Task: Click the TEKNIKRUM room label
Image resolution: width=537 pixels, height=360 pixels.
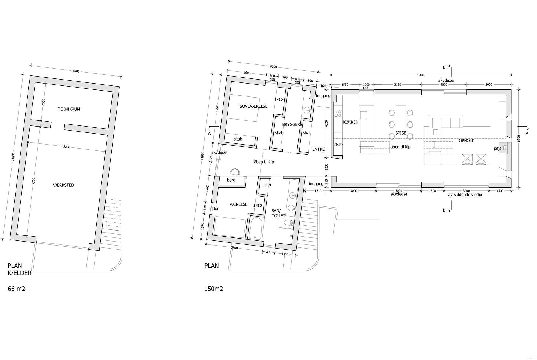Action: (x=69, y=109)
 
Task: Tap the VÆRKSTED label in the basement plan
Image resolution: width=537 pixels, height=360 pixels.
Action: (x=64, y=185)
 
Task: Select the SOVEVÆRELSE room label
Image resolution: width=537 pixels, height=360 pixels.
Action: (x=253, y=106)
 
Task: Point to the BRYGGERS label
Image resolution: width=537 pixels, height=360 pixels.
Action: (x=292, y=125)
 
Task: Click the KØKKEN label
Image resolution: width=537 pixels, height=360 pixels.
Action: (x=351, y=122)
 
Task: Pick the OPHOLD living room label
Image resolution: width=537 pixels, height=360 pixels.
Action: (x=467, y=141)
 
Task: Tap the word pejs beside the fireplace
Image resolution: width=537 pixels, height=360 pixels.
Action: (x=498, y=149)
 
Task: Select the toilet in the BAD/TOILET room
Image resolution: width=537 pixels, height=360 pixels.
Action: (x=289, y=223)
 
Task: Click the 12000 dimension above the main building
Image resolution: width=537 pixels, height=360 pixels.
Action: (x=421, y=75)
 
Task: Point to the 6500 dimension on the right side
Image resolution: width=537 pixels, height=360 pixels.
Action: (x=518, y=138)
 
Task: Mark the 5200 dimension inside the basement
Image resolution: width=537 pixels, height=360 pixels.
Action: (x=67, y=147)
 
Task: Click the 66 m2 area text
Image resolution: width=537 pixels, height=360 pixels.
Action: (x=17, y=289)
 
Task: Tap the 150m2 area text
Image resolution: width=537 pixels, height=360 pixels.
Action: (x=214, y=289)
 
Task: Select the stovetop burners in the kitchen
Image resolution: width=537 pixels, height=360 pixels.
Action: (x=338, y=114)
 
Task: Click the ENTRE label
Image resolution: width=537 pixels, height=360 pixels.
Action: (x=318, y=149)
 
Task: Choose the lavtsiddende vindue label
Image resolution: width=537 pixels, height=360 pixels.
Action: (x=465, y=195)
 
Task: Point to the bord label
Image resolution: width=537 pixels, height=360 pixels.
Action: (x=231, y=180)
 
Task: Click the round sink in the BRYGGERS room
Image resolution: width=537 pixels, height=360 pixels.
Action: (x=307, y=110)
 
